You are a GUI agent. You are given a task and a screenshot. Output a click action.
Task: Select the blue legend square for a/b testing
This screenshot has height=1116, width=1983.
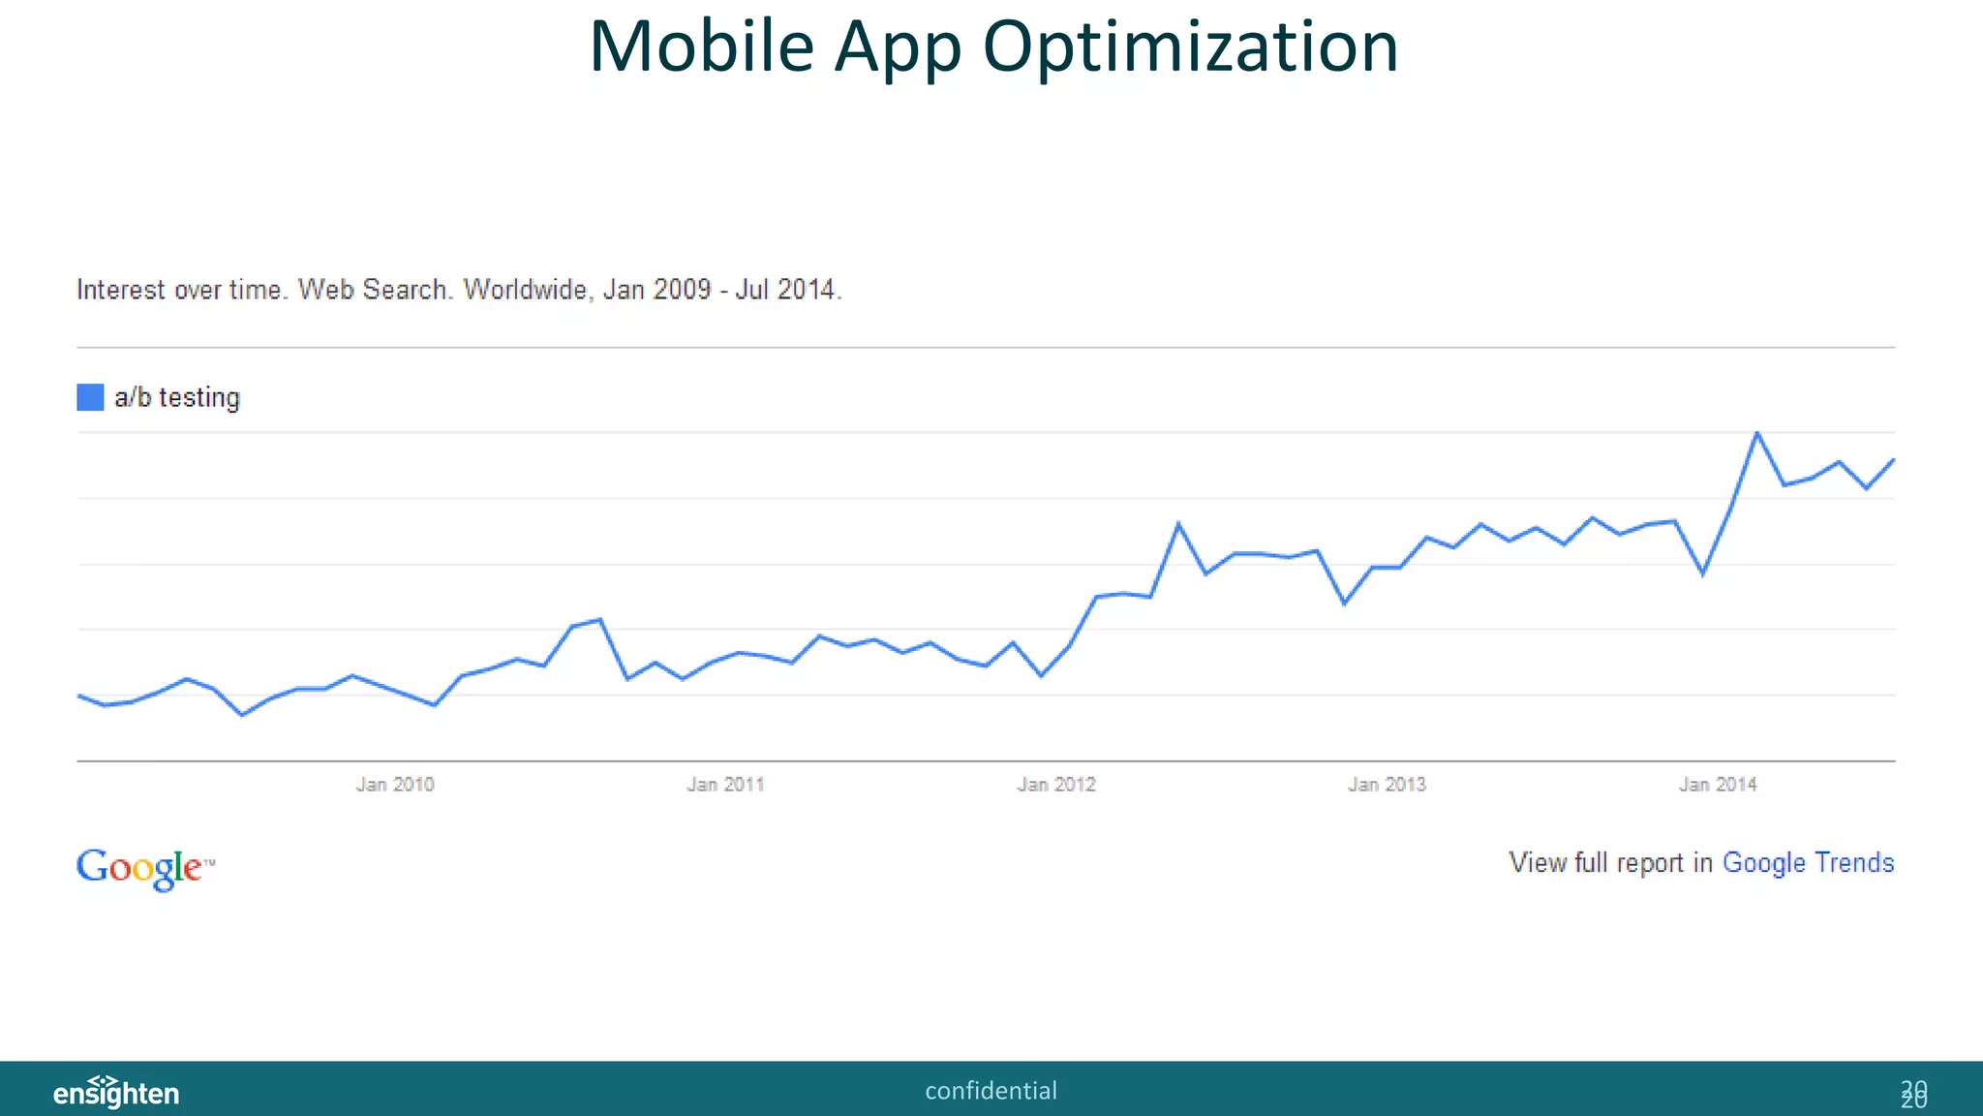pos(90,397)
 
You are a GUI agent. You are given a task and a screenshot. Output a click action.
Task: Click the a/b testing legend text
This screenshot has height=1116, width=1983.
pos(177,397)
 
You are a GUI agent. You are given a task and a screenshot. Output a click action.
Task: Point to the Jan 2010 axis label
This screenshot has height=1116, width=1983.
pos(395,785)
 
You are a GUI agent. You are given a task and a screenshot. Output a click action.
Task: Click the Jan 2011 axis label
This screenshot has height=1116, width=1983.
pos(725,785)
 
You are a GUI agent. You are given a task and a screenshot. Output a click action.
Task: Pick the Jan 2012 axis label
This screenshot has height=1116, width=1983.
pos(1056,785)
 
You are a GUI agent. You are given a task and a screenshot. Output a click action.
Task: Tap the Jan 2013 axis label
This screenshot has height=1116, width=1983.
pos(1387,785)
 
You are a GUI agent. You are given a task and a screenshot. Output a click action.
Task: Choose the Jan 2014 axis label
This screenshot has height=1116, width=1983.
pos(1718,785)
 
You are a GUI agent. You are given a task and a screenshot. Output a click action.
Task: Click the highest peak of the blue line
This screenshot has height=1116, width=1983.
pos(1757,433)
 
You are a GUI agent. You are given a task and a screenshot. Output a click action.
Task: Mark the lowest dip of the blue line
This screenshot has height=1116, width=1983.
pos(242,715)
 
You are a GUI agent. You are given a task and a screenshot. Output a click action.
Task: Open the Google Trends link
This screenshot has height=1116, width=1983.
pos(1808,862)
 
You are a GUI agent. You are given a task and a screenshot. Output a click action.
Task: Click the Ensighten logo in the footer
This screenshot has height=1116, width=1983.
pos(116,1092)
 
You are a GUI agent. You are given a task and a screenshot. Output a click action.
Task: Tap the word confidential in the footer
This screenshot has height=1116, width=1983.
pos(991,1091)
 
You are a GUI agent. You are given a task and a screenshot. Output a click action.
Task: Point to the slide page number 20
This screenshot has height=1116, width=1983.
pos(1913,1094)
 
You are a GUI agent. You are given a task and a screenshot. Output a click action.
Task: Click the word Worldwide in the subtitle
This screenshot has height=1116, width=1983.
pos(525,290)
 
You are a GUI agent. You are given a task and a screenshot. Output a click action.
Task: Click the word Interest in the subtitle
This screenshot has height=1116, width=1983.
pos(121,290)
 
